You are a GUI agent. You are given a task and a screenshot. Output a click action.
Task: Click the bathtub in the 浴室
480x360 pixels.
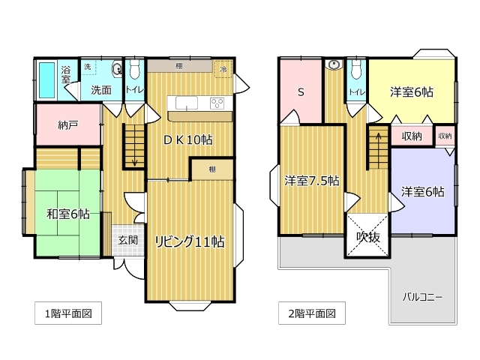[47, 79]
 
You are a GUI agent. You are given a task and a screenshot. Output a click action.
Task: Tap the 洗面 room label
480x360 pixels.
[101, 90]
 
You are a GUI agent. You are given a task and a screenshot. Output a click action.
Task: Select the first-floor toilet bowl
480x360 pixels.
[135, 70]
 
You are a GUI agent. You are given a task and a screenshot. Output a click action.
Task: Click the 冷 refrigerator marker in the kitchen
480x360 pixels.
[223, 69]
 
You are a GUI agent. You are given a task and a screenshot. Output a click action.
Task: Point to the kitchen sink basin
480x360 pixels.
[187, 103]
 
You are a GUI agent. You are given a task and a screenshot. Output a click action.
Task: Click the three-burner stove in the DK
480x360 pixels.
[217, 103]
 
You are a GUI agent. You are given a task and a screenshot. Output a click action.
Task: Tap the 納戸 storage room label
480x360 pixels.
[68, 125]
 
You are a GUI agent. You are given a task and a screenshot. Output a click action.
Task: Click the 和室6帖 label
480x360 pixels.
[68, 214]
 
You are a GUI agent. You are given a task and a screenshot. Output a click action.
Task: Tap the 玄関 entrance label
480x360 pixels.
[128, 240]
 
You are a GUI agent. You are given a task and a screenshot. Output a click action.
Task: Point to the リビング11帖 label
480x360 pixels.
[190, 241]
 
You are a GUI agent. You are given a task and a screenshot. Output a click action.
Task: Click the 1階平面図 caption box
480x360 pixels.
[68, 313]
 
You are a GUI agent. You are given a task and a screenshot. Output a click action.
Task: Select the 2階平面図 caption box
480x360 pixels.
[312, 313]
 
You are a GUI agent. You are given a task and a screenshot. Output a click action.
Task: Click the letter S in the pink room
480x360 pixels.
[301, 91]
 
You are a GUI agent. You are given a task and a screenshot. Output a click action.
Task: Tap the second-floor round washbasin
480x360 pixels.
[334, 65]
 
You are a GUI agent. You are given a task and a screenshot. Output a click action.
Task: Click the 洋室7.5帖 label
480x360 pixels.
[312, 181]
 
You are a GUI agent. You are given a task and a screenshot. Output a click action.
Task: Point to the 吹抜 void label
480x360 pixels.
[368, 237]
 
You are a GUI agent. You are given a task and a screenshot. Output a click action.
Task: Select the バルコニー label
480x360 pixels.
[422, 297]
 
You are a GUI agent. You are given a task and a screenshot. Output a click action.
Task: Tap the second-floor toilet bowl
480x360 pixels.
[356, 70]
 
